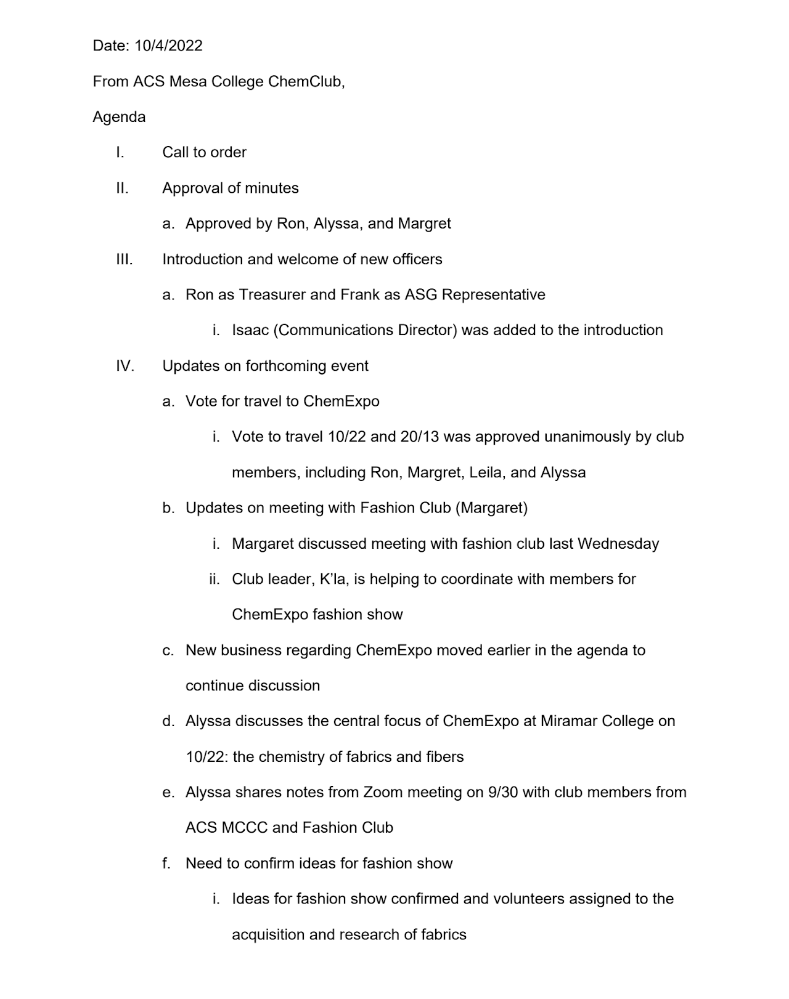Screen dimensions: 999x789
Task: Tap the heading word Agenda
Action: [119, 117]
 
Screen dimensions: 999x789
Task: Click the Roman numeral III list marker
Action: [124, 259]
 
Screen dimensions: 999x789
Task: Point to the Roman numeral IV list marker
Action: [125, 366]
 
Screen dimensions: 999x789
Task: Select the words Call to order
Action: [204, 152]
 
